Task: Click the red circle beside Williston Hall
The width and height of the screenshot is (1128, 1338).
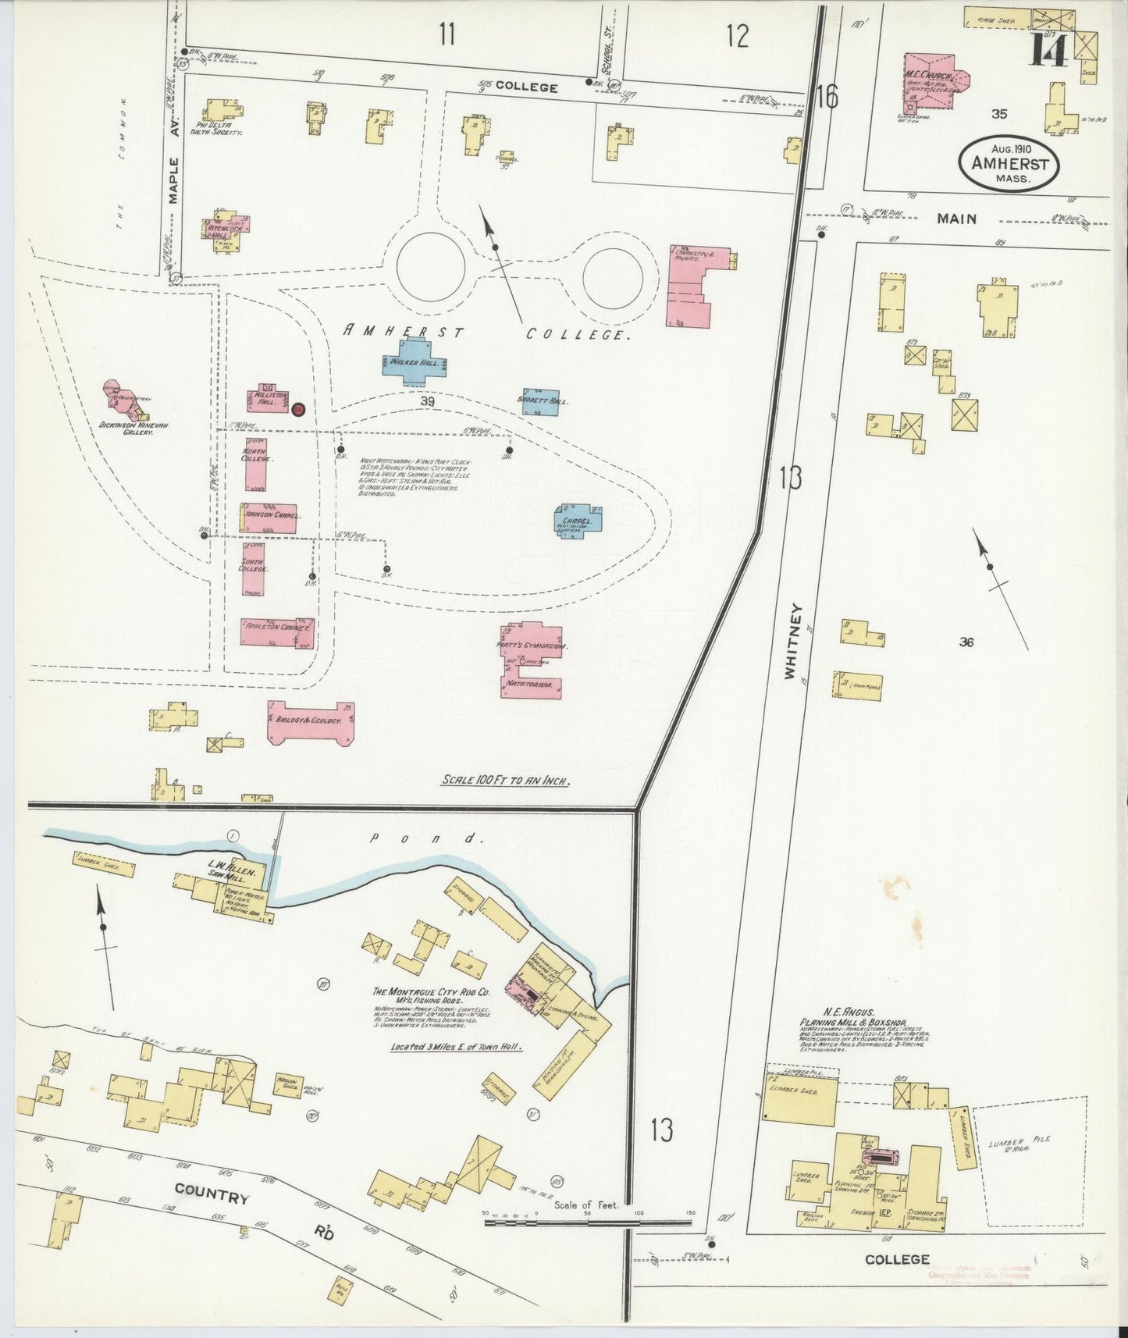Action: (297, 408)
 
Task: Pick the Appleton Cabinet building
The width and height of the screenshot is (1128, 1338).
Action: (277, 632)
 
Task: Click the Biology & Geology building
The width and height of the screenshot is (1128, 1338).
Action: (310, 721)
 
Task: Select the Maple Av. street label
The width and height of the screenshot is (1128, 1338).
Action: (175, 181)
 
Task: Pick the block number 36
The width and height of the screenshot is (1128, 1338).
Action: (967, 642)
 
